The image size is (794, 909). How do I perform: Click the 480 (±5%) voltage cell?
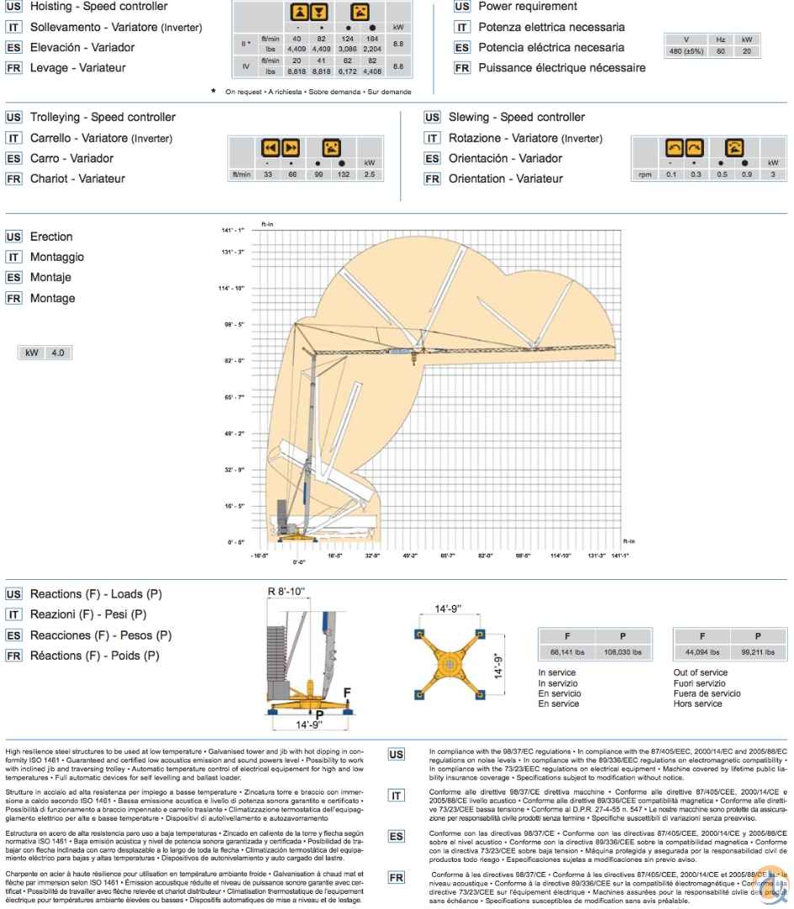coord(686,51)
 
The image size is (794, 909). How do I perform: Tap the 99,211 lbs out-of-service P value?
coord(757,651)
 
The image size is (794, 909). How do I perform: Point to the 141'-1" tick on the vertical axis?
coord(233,230)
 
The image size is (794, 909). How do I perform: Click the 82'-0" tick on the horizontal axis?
coord(486,555)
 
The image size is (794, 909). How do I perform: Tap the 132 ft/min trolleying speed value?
coord(344,174)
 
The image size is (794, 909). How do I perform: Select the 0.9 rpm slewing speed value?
coord(747,174)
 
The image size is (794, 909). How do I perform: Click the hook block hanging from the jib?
coord(413,359)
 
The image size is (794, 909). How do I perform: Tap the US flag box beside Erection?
coord(14,237)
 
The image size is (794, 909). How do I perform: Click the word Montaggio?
coord(57,257)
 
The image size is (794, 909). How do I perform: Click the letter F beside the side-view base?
coord(347,693)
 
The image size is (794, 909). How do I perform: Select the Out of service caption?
coord(701,672)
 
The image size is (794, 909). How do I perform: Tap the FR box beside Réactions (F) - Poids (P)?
coord(14,656)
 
